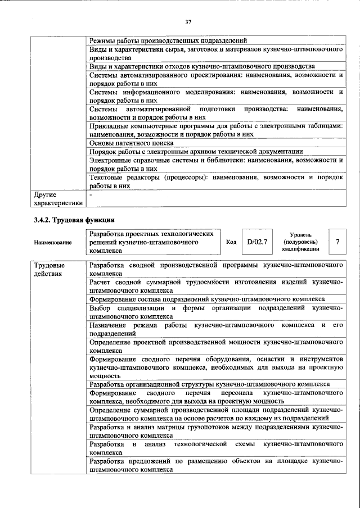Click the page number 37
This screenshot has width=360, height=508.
pos(188,22)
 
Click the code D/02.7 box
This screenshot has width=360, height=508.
pos(256,242)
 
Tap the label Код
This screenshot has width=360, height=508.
pos(231,242)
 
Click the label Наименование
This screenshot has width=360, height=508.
pos(53,242)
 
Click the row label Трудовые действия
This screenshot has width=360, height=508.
pos(49,269)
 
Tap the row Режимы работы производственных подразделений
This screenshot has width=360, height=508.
pos(168,40)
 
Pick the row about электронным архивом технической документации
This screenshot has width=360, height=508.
pos(196,152)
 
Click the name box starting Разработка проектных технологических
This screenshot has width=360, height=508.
pos(152,242)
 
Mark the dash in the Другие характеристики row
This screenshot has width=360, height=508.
pos(91,194)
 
